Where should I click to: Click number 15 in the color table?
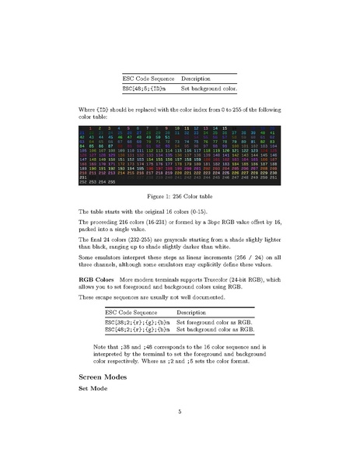[x=225, y=127]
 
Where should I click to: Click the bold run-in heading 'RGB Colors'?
[x=96, y=278]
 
